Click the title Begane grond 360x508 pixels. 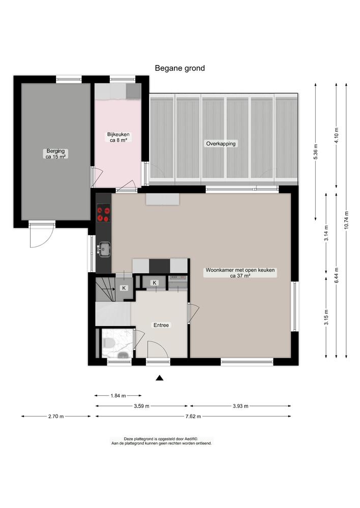pos(180,68)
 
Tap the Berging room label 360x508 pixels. pos(55,154)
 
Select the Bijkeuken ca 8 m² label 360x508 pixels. pos(118,137)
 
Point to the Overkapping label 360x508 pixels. pos(221,144)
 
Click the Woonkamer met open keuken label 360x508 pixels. pos(240,273)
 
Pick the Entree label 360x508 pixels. pos(161,325)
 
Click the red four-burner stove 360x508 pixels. pos(103,213)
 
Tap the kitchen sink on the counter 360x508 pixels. pos(105,249)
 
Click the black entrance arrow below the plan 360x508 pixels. pos(159,377)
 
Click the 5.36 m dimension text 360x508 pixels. pos(316,153)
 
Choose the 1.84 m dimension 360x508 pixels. pos(118,395)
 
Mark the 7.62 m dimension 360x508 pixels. pos(193,417)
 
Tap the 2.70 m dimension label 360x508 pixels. pos(56,417)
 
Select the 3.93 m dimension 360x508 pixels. pos(240,406)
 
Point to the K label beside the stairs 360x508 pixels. pos(123,288)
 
